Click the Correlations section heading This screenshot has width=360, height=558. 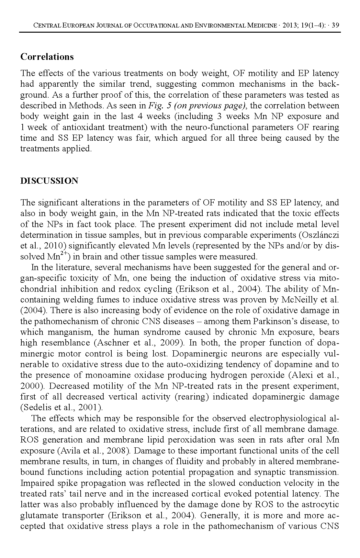click(x=47, y=57)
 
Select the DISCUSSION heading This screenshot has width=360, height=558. click(x=49, y=181)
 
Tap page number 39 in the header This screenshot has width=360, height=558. click(x=336, y=26)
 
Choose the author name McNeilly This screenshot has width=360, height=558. click(x=299, y=300)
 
